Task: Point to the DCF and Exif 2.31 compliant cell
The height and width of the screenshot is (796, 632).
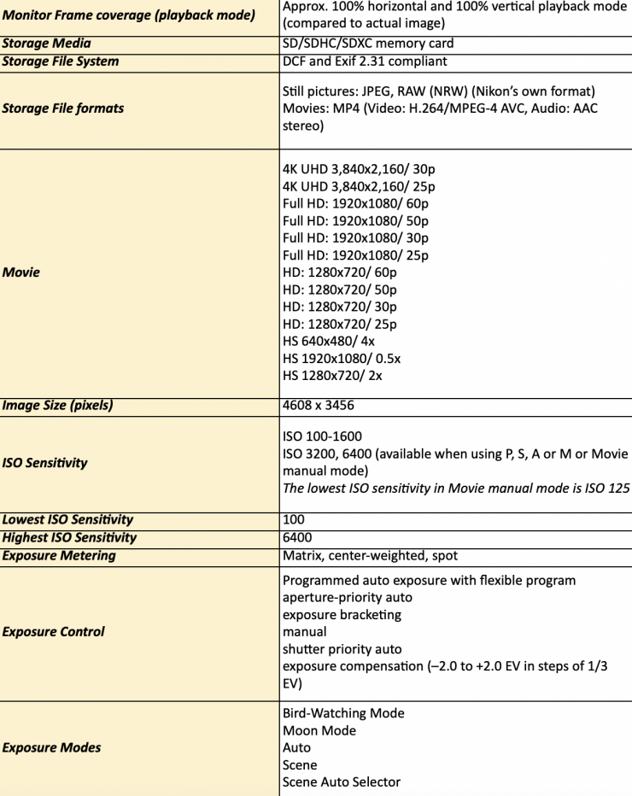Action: coord(365,61)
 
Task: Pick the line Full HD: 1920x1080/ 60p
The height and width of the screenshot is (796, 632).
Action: coord(355,203)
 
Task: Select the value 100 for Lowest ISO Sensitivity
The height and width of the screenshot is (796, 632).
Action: coord(293,519)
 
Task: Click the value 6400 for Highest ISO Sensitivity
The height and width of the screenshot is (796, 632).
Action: coord(296,537)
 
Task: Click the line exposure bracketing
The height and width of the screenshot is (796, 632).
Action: coord(342,615)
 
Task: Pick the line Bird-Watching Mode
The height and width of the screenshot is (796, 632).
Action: coord(342,713)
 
